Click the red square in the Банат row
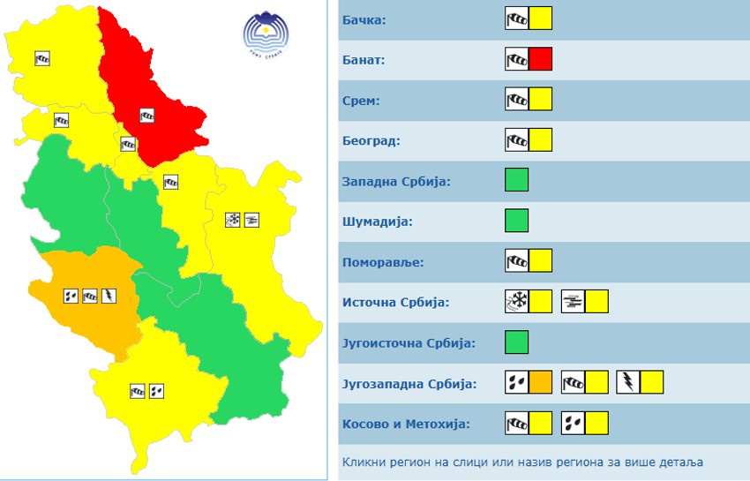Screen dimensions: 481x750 click(x=541, y=59)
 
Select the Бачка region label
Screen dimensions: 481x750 click(x=364, y=19)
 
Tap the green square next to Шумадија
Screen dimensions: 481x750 click(x=517, y=221)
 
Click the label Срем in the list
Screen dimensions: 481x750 click(x=361, y=101)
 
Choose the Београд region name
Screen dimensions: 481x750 click(x=371, y=141)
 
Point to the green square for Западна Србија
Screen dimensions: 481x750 click(x=517, y=180)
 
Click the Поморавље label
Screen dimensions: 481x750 click(x=382, y=262)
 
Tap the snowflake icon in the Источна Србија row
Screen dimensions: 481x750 click(x=517, y=302)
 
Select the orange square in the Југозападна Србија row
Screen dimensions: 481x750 click(x=541, y=382)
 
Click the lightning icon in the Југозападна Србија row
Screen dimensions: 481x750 click(x=628, y=382)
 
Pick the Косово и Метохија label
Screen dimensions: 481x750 click(x=406, y=424)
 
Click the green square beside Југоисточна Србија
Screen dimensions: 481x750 click(x=517, y=342)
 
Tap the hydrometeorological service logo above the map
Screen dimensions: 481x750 click(x=267, y=33)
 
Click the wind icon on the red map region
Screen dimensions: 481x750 click(x=147, y=114)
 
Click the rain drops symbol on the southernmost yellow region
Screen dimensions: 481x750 click(x=157, y=389)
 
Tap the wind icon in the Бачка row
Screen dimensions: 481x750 click(x=517, y=19)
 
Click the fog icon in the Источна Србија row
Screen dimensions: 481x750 click(x=574, y=302)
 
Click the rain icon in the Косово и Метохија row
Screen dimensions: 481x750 click(x=574, y=423)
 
